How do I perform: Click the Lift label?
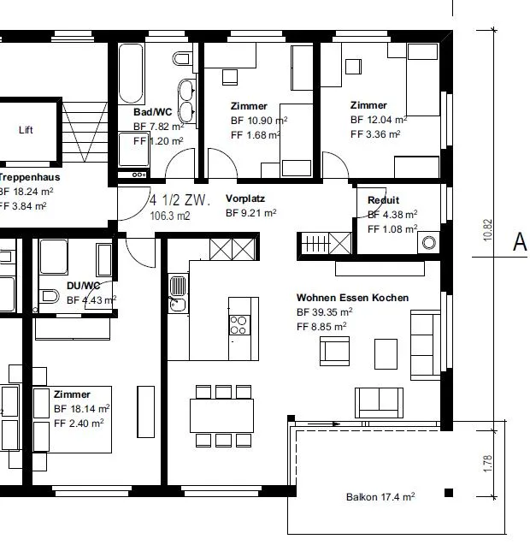(26, 130)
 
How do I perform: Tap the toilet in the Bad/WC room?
(181, 59)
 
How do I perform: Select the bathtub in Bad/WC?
(131, 74)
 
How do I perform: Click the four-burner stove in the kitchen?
(239, 325)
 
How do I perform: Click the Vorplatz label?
(245, 198)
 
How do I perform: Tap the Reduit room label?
(384, 200)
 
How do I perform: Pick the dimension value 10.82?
(487, 230)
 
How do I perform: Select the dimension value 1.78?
(487, 464)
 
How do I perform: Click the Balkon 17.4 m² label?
(380, 497)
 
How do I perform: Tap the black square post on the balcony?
(449, 493)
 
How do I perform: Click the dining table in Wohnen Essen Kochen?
(221, 416)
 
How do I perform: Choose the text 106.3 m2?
(170, 216)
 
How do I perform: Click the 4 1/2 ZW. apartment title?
(180, 200)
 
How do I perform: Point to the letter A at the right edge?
(520, 241)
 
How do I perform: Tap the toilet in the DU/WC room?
(50, 296)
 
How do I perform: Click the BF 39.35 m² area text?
(324, 312)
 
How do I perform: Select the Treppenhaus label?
(29, 177)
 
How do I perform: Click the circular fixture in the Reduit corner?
(429, 242)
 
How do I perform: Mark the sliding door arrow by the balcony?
(324, 424)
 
